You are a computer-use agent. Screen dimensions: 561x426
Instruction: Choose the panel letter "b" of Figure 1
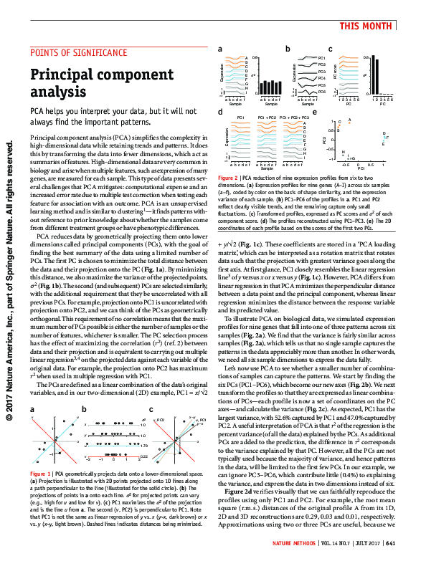85,409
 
